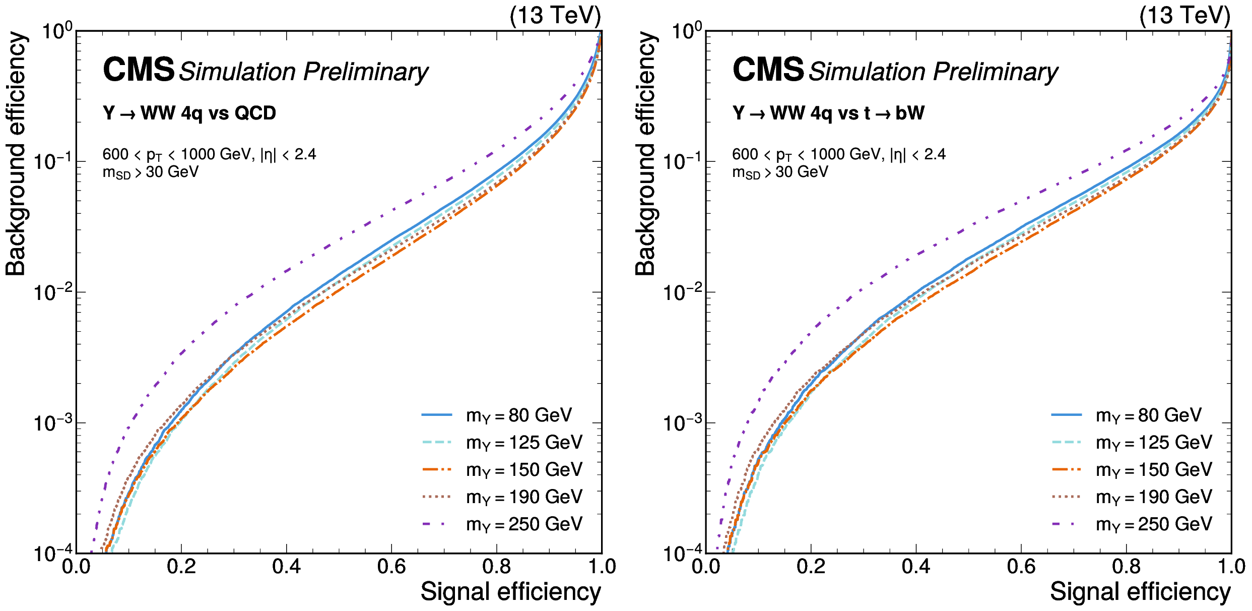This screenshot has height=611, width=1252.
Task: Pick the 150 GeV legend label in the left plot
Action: pyautogui.click(x=524, y=470)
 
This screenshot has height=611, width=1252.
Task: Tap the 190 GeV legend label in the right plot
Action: pyautogui.click(x=1154, y=497)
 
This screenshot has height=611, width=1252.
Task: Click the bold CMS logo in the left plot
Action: pyautogui.click(x=139, y=70)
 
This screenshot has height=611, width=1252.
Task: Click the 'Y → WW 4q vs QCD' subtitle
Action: pyautogui.click(x=189, y=113)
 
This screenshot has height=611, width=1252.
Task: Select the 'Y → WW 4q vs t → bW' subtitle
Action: pyautogui.click(x=828, y=113)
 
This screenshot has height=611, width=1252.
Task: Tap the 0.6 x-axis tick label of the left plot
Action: pyautogui.click(x=391, y=567)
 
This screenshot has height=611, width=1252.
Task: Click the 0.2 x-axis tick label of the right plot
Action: pyautogui.click(x=811, y=567)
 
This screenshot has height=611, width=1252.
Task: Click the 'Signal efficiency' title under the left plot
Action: pyautogui.click(x=510, y=591)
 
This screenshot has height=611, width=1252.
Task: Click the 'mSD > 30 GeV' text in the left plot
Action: pyautogui.click(x=151, y=172)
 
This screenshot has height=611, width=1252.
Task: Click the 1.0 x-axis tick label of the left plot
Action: pyautogui.click(x=602, y=567)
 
